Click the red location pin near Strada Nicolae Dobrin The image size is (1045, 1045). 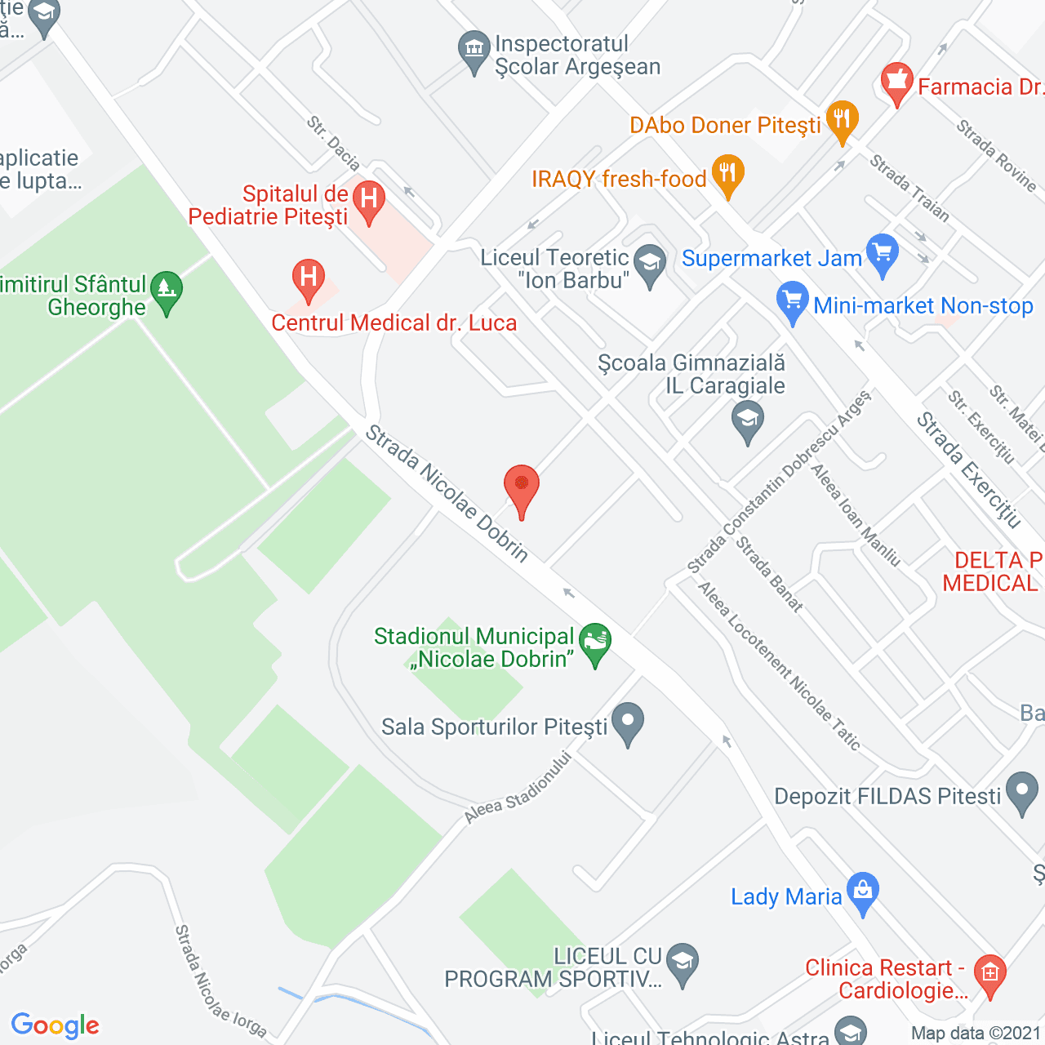coord(521,488)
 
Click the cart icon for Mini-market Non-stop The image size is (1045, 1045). coord(792,301)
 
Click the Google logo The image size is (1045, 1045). coord(56,1025)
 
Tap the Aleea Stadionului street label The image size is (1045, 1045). coord(518,787)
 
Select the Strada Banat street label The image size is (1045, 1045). coord(769,574)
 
